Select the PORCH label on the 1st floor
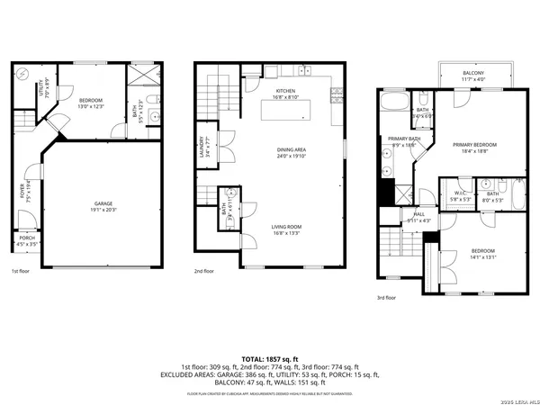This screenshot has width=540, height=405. click(x=28, y=241)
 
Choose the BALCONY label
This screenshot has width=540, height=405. click(x=473, y=76)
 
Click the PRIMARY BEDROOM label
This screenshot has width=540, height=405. click(x=473, y=147)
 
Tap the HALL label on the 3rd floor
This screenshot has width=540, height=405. click(x=419, y=216)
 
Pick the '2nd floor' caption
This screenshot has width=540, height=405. click(x=204, y=270)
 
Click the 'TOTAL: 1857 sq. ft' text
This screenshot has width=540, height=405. click(x=270, y=358)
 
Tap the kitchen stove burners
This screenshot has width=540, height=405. click(x=305, y=69)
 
